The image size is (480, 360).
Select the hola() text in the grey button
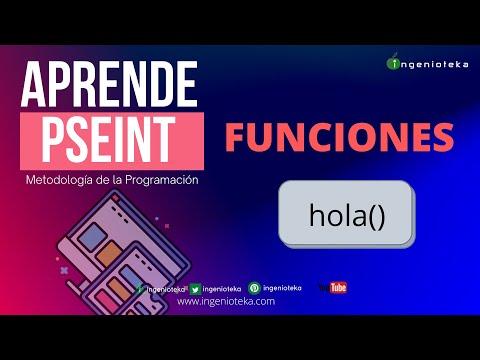346,214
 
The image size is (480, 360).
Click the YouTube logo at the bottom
333,288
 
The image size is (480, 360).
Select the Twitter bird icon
195,288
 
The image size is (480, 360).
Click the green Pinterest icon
254,288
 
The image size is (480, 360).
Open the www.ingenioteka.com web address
225,301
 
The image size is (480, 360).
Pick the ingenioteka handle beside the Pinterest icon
280,288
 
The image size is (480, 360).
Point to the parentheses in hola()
376,214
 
